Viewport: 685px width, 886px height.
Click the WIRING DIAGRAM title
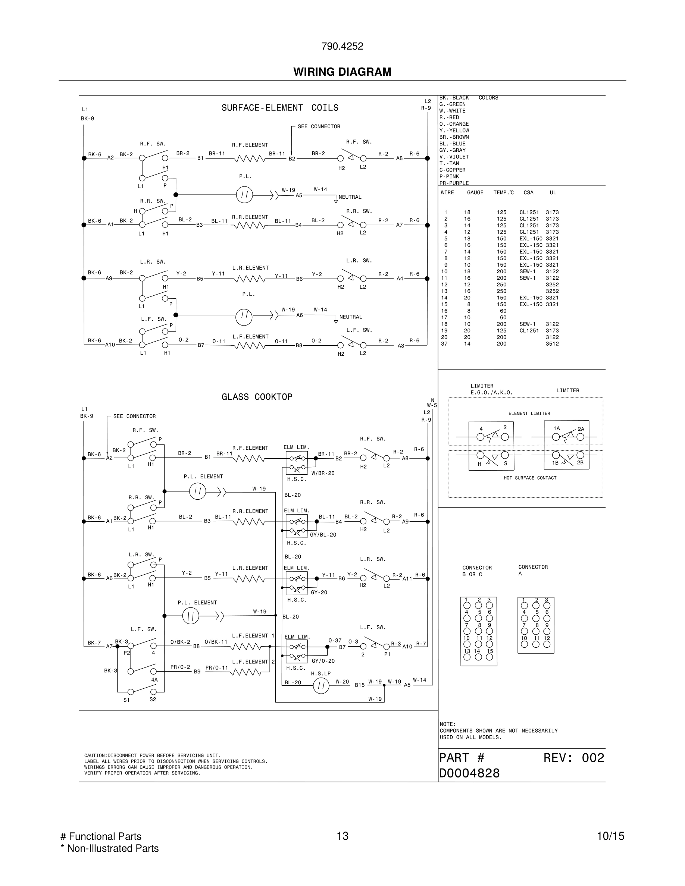[342, 72]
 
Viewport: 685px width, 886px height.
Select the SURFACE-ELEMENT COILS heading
[279, 108]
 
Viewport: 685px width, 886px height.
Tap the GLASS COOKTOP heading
[256, 397]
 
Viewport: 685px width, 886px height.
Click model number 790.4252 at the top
[342, 46]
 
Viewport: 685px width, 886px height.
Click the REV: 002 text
[573, 758]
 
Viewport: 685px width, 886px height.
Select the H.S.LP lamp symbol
[321, 686]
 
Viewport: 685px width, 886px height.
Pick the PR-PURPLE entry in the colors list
[454, 183]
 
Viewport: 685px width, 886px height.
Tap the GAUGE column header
[475, 193]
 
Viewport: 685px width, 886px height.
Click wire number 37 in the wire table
[444, 343]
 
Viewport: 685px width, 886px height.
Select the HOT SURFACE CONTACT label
[529, 478]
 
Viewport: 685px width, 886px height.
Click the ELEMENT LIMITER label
[529, 414]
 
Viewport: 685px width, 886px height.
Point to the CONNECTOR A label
[533, 570]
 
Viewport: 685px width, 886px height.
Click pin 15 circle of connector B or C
[489, 657]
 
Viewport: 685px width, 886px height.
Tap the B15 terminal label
[360, 685]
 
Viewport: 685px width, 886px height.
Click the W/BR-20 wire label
[323, 473]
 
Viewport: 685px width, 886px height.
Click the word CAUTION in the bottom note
[95, 755]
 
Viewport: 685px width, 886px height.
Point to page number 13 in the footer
[342, 836]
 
